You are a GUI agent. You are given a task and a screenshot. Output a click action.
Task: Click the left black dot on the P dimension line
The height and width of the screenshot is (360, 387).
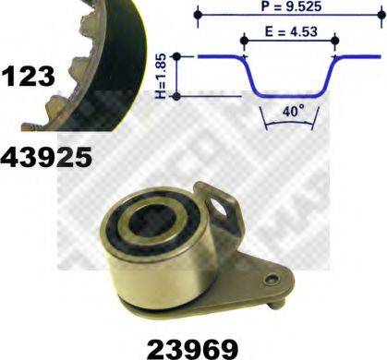[200, 15]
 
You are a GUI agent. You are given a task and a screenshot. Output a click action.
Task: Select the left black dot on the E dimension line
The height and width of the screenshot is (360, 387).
[245, 41]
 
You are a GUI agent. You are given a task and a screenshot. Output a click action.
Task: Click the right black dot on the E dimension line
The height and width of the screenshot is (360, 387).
[333, 41]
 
